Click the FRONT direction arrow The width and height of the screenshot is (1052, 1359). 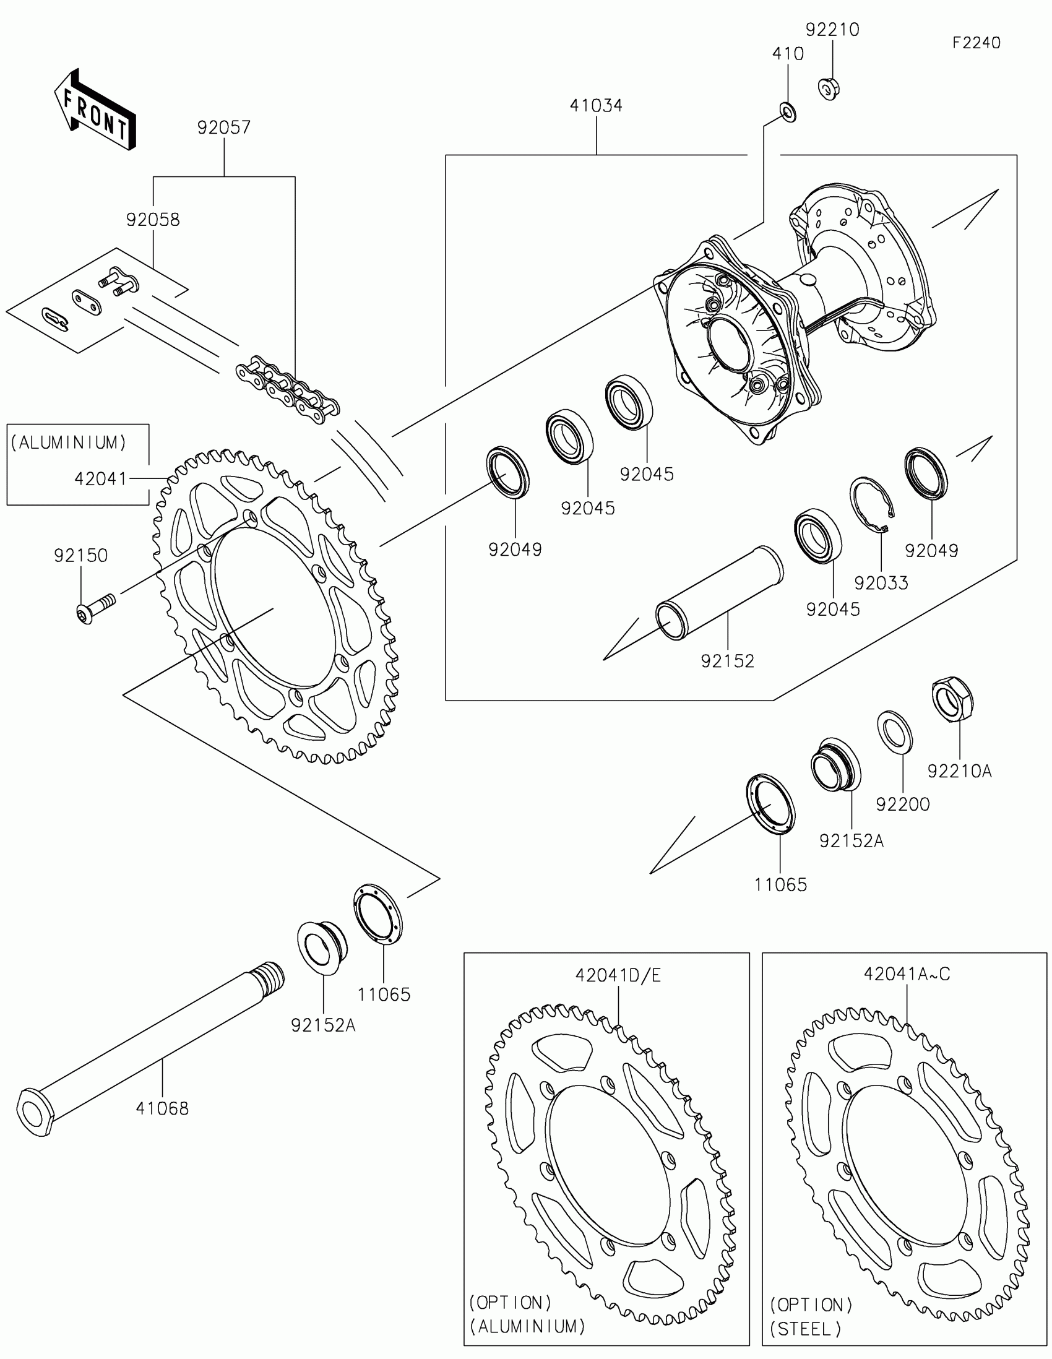click(x=95, y=110)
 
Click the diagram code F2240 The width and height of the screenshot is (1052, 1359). click(x=976, y=43)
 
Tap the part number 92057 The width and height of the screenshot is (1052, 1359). click(x=224, y=127)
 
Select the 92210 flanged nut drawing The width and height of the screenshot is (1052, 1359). click(x=829, y=89)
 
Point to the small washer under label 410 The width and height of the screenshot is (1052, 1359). click(x=788, y=113)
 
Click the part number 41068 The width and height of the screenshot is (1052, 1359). click(x=162, y=1108)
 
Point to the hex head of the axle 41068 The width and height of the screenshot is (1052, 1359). click(x=35, y=1112)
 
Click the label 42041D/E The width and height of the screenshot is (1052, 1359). click(x=618, y=975)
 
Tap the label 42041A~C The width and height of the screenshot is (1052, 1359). click(x=907, y=974)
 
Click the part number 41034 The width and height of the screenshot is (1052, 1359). click(x=596, y=106)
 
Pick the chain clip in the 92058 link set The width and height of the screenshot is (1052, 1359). click(x=56, y=319)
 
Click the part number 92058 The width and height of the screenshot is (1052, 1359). click(x=153, y=220)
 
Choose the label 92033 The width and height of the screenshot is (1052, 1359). click(x=881, y=583)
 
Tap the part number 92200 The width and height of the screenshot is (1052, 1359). click(x=902, y=805)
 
